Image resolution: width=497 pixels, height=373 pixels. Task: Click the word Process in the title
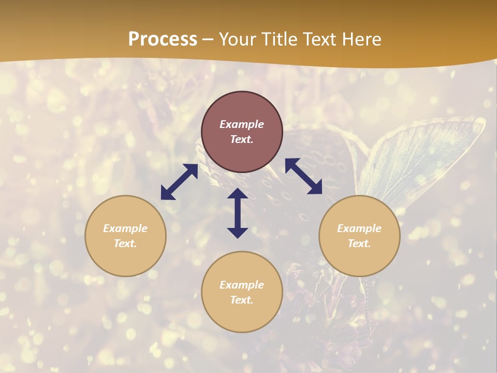pos(163,39)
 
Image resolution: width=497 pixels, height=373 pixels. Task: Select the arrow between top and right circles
pos(304,176)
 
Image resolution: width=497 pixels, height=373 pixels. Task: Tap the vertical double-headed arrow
pos(238,213)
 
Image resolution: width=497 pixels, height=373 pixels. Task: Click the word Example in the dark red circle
pos(242,124)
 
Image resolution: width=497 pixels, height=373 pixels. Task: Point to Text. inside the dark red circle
pos(242,139)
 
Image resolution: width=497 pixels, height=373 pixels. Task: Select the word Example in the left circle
pos(125,228)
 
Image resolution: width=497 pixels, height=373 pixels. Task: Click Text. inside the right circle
pos(359,243)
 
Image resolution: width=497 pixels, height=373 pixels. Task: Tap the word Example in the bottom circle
pos(242,285)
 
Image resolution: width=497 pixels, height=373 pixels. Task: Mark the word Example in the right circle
pos(359,228)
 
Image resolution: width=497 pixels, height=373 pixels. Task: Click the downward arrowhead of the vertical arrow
pos(238,233)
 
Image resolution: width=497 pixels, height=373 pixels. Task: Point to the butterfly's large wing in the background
pos(430,155)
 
